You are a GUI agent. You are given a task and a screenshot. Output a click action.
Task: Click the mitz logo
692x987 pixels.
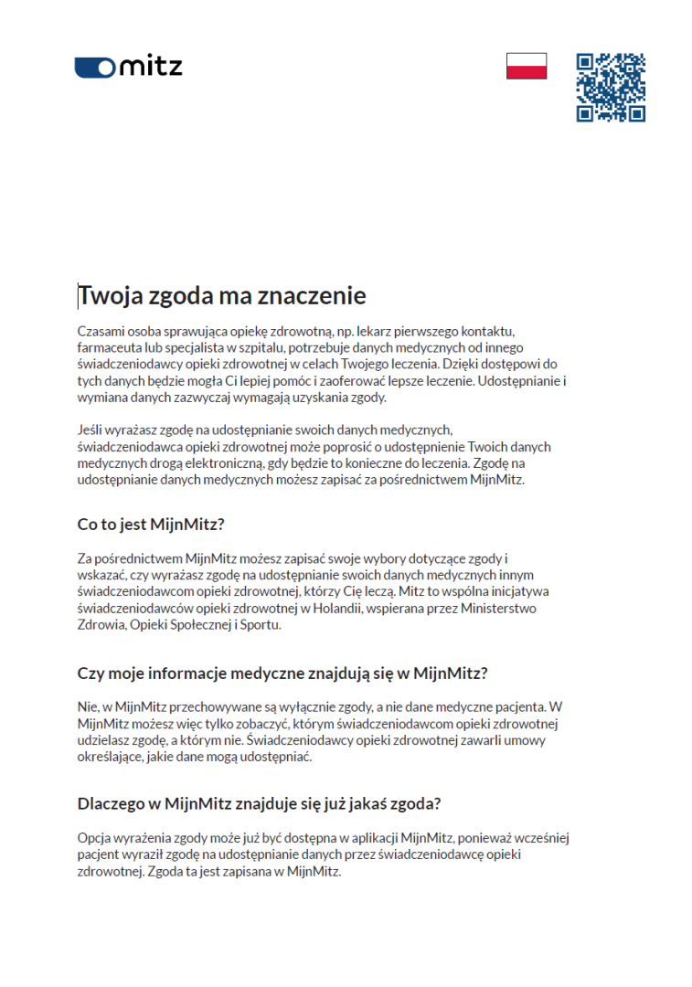(129, 67)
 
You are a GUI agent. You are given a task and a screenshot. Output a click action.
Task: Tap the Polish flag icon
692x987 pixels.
(527, 66)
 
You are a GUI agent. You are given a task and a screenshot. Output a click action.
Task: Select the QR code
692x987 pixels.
(611, 88)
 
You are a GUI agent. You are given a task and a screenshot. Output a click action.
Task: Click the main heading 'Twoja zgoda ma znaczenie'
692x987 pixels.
(222, 296)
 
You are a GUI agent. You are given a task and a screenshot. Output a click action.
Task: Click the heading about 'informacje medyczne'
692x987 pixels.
(282, 674)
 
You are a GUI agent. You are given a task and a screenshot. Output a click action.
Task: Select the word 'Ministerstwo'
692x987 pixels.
(497, 608)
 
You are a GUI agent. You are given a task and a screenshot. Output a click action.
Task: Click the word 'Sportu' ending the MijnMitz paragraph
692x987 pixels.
(262, 625)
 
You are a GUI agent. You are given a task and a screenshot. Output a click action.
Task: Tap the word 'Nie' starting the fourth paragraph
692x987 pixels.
(87, 706)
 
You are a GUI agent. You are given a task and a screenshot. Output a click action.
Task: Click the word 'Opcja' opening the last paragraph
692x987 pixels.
(94, 838)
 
